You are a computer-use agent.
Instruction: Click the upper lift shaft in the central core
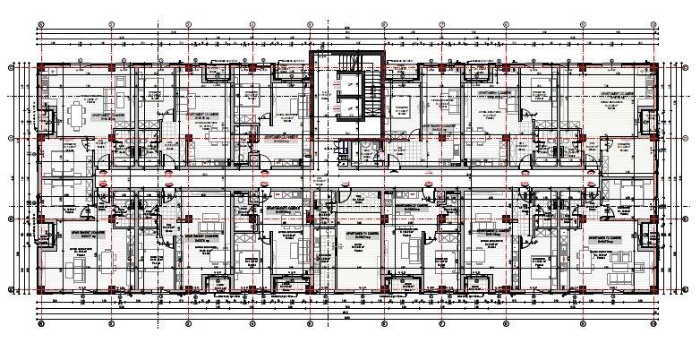pyautogui.click(x=349, y=86)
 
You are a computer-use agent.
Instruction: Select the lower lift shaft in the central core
pyautogui.click(x=349, y=107)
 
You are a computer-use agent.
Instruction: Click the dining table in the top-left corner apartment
pyautogui.click(x=79, y=115)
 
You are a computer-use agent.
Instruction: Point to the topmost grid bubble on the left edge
pyautogui.click(x=10, y=66)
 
